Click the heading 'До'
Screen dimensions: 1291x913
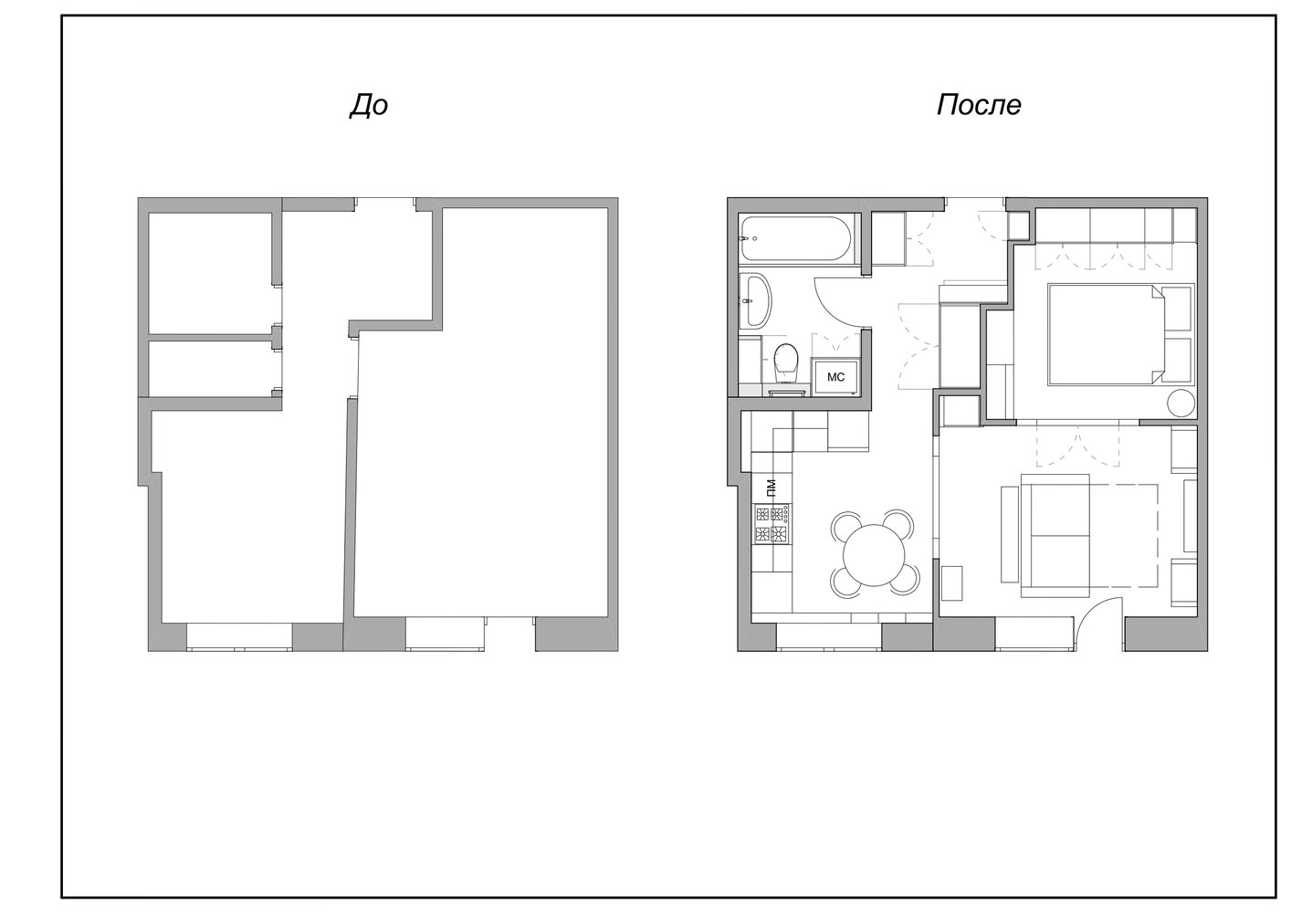pyautogui.click(x=369, y=106)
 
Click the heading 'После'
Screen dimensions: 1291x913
pyautogui.click(x=979, y=106)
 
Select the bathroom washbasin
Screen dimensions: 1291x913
pyautogui.click(x=756, y=300)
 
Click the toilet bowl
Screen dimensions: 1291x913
pyautogui.click(x=785, y=362)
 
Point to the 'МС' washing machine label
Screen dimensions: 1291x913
pyautogui.click(x=835, y=377)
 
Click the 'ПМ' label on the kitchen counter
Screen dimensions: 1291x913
pyautogui.click(x=771, y=488)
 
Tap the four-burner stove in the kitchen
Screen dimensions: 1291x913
pyautogui.click(x=771, y=523)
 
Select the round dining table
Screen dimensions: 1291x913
pyautogui.click(x=874, y=555)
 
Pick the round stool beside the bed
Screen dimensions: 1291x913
pyautogui.click(x=1181, y=403)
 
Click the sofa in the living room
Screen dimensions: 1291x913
pyautogui.click(x=1055, y=535)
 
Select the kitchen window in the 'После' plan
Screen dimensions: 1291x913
pyautogui.click(x=829, y=637)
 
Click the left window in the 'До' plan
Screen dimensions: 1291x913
pyautogui.click(x=239, y=637)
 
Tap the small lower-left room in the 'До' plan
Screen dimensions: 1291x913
pyautogui.click(x=210, y=369)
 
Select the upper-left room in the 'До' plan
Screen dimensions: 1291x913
pyautogui.click(x=210, y=273)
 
